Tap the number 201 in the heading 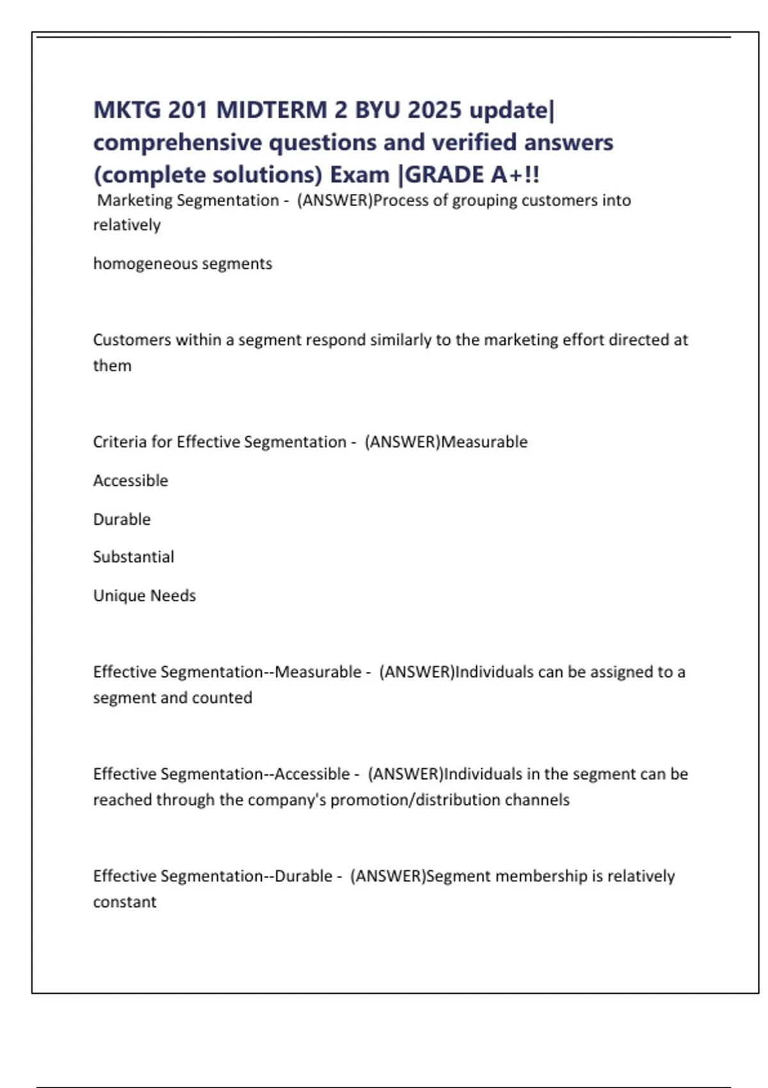pos(188,110)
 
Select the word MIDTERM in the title pos(271,110)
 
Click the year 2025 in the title pos(434,110)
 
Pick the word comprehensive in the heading pos(177,143)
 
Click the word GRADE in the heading pos(445,175)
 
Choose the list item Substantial pos(133,557)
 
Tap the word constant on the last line pos(125,902)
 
